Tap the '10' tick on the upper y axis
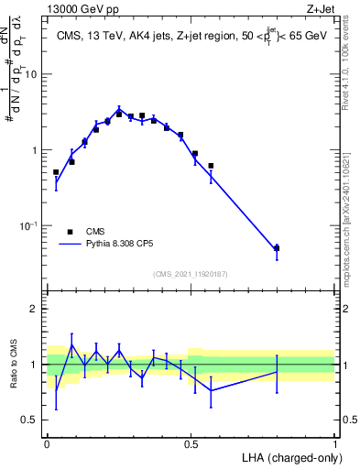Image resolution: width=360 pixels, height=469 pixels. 30,75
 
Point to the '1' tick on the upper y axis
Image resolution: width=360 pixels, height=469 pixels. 34,150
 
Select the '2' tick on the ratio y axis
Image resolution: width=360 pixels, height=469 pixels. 34,309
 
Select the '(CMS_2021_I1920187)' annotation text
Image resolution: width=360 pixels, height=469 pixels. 191,274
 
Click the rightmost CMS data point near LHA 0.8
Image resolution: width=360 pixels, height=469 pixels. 277,248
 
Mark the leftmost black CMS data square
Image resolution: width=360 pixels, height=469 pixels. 56,172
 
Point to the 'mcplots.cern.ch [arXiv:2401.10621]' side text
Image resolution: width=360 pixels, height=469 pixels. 351,215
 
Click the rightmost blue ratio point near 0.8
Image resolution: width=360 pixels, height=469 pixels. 277,371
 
